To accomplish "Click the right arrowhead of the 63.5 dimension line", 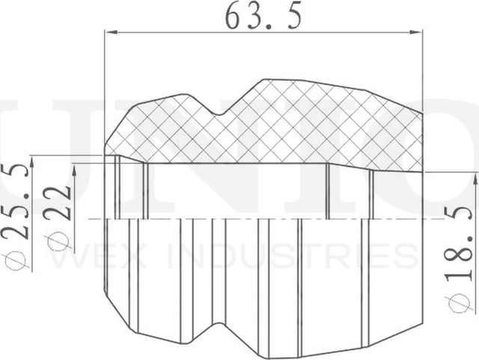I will point(418,32).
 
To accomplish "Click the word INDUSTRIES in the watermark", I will point(292,256).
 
